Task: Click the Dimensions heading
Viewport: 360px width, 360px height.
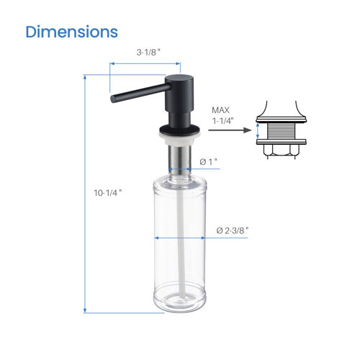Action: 71,32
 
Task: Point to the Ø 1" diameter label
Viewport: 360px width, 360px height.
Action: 208,162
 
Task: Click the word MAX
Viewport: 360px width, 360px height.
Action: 220,110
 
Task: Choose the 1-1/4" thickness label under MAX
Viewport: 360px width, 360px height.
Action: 222,122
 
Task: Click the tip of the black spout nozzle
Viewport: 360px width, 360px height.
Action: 112,96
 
